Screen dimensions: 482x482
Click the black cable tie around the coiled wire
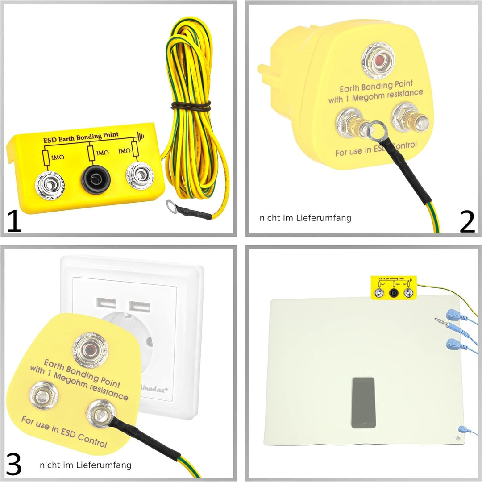[x=191, y=106]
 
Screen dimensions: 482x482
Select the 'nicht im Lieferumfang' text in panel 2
[x=305, y=218]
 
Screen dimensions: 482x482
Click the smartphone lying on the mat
[x=363, y=403]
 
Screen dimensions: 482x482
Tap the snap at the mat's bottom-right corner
[x=460, y=429]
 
